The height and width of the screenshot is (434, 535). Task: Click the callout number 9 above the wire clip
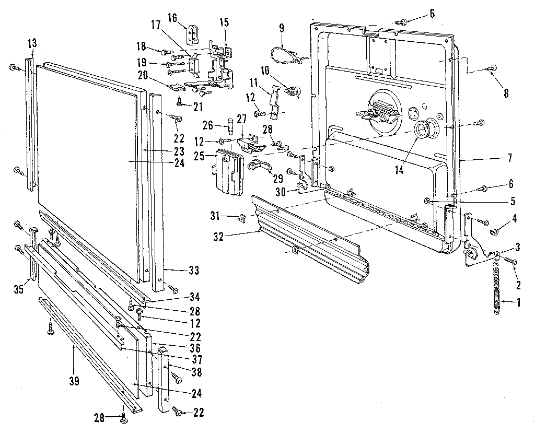282,27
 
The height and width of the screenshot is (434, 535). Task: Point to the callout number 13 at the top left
32,42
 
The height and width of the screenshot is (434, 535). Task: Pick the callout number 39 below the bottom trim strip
74,381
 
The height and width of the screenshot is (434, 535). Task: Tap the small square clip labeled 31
242,217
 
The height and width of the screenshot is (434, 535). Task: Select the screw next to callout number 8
492,68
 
